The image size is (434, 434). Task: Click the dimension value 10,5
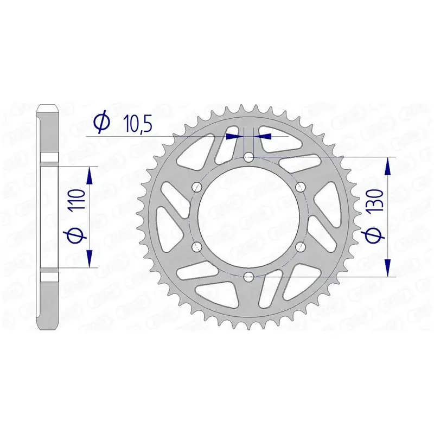pos(137,123)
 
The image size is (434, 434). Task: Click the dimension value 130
pos(375,200)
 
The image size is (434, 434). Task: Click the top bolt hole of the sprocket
pos(248,158)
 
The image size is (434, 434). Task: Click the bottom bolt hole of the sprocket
pos(248,276)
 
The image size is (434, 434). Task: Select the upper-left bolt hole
pos(197,187)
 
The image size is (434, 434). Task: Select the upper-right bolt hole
pos(300,187)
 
